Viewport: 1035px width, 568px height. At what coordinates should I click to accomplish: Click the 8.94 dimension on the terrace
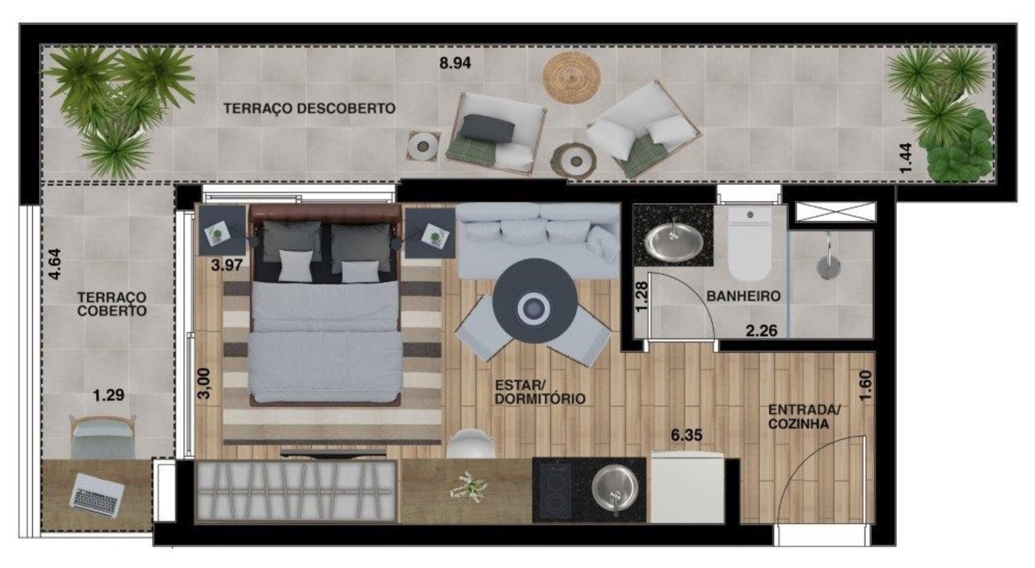pos(455,63)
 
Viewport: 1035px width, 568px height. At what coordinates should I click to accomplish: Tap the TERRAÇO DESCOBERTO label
pos(310,108)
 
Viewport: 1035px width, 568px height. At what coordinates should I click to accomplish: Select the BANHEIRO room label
pos(743,296)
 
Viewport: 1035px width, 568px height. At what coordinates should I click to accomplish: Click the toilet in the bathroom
pos(750,244)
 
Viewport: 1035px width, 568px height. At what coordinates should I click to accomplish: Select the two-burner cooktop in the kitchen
pos(552,489)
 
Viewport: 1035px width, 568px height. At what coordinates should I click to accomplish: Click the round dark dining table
pos(535,301)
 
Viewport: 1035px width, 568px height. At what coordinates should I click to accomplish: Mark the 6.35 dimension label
pos(686,435)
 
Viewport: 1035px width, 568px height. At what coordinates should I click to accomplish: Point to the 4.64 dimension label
pos(54,264)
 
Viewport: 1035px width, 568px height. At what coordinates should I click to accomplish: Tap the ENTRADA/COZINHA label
pos(804,417)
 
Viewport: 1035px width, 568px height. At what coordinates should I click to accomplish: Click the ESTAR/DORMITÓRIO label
pos(540,392)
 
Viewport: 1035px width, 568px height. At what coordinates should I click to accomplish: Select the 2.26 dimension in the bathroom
pos(761,331)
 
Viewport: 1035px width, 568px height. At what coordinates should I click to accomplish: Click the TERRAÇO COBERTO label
pos(111,305)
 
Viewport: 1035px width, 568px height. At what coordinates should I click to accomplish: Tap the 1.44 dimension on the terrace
pos(905,158)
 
